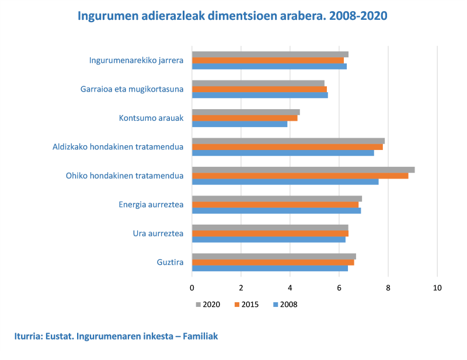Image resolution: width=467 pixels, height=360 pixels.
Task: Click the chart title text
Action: coord(233,16)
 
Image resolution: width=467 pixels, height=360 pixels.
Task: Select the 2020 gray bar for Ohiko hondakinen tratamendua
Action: coord(303,170)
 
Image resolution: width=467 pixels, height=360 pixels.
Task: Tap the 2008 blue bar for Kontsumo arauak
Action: coord(239,124)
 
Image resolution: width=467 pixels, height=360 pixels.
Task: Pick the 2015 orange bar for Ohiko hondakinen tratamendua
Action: coord(300,176)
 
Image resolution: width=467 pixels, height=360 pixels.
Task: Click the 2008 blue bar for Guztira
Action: coord(270,268)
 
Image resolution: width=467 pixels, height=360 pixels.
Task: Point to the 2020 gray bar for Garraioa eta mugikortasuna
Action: coord(258,83)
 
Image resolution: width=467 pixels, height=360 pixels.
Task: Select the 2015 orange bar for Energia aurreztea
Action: coord(275,205)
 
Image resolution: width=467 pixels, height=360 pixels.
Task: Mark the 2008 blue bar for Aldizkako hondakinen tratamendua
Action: coord(283,153)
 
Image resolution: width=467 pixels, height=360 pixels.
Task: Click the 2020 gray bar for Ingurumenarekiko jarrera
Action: coord(270,54)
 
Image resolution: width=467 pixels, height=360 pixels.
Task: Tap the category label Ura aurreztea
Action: coord(158,233)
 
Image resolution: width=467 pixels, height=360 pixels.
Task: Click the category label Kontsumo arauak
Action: coord(151,118)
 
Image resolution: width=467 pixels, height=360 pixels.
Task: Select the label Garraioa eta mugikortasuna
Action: coord(132,89)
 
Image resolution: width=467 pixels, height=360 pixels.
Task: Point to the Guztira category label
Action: coord(170,263)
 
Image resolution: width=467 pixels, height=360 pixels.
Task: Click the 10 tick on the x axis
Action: coord(437,288)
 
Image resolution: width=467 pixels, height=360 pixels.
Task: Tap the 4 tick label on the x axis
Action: coord(290,288)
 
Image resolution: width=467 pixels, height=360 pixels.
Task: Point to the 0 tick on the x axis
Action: coord(192,288)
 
